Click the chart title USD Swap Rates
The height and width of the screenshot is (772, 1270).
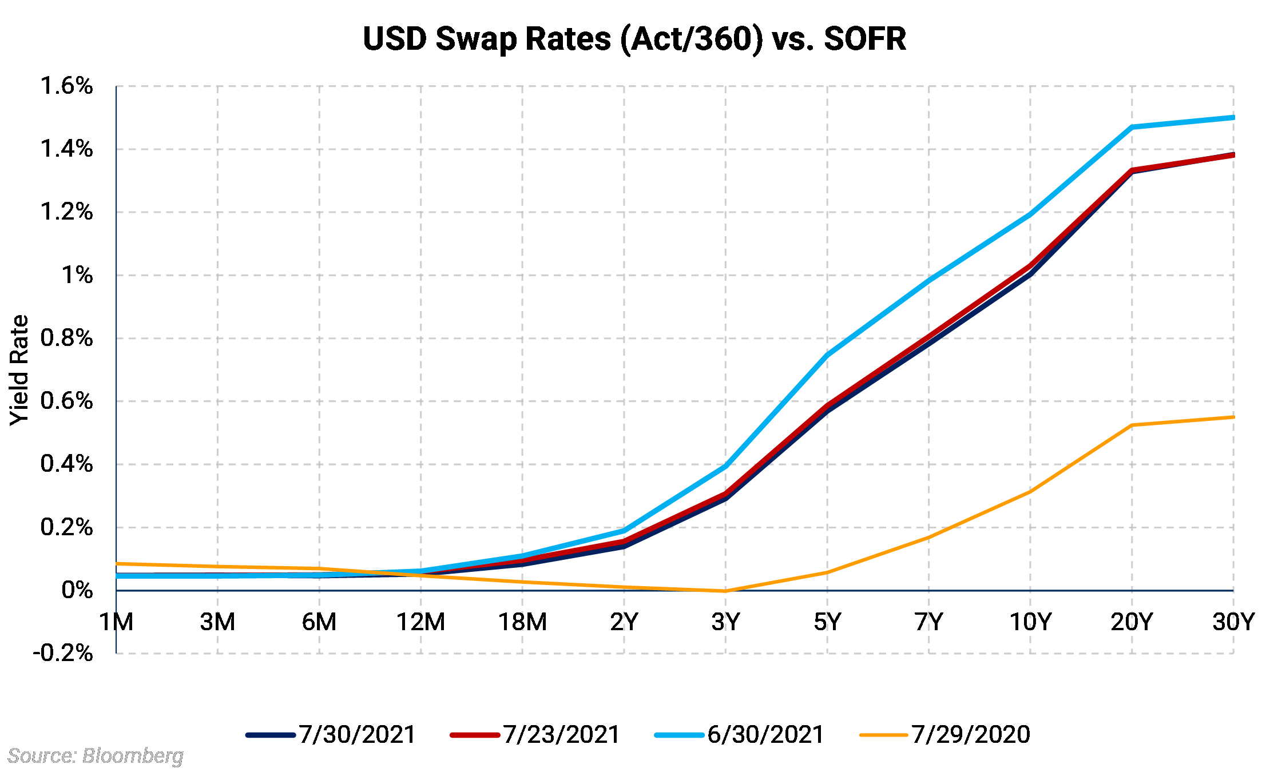[x=634, y=39]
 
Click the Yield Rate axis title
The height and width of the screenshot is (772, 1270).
[x=19, y=370]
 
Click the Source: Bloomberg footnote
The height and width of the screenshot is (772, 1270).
[x=96, y=756]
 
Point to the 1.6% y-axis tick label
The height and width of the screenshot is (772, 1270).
[x=66, y=86]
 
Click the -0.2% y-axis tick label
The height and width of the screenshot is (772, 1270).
[x=63, y=653]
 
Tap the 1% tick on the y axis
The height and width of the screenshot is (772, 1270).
[x=77, y=276]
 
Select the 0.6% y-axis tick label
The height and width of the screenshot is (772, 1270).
[x=66, y=401]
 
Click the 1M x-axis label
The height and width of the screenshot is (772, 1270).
[x=116, y=622]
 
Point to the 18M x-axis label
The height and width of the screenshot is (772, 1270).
[x=522, y=622]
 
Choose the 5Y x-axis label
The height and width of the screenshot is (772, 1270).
[x=827, y=622]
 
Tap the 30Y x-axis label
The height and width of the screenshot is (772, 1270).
[x=1233, y=622]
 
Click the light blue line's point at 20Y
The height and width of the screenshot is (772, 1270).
[x=1132, y=127]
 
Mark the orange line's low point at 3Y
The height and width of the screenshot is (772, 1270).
[x=725, y=591]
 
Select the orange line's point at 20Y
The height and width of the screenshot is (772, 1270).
[x=1132, y=425]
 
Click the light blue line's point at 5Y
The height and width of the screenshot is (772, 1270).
[x=827, y=355]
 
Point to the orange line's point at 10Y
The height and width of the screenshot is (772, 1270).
[x=1030, y=492]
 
